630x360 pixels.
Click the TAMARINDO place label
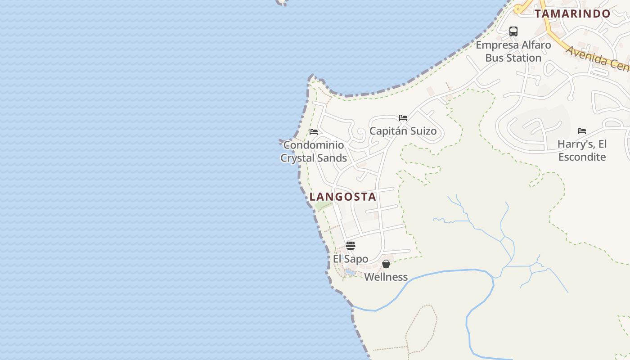tap(572, 13)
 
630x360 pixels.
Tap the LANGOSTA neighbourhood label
tap(343, 197)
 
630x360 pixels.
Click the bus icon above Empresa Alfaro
tap(513, 31)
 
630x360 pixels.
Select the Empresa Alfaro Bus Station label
tap(513, 51)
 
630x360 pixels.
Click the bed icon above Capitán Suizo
tap(403, 118)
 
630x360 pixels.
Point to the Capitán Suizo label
tap(403, 131)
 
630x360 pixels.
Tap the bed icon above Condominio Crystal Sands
tap(314, 132)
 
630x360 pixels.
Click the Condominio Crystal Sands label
tap(314, 151)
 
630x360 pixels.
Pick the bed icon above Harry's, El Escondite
tap(582, 131)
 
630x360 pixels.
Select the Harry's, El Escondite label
tap(582, 150)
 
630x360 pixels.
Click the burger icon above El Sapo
tap(351, 246)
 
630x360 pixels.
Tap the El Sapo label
tap(351, 259)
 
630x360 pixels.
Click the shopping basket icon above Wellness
tap(386, 264)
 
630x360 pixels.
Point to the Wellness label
tap(386, 277)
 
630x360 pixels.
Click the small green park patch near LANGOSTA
tap(323, 206)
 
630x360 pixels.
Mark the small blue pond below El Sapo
tap(350, 272)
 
